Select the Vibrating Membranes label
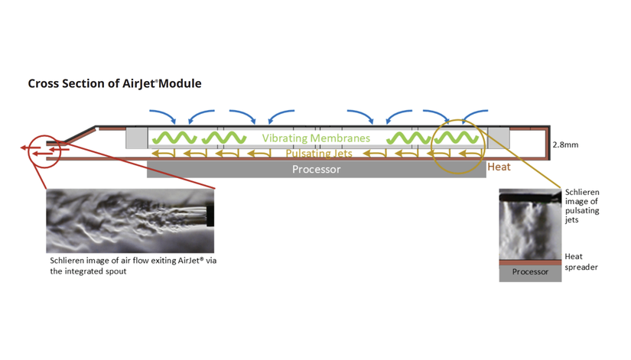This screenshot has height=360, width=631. [x=316, y=138]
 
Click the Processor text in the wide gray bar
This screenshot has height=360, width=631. [x=316, y=169]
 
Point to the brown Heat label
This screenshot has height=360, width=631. [x=499, y=165]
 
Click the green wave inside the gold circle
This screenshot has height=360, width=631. [x=457, y=138]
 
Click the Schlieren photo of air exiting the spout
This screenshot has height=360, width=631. [x=130, y=219]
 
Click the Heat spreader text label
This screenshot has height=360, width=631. [x=581, y=261]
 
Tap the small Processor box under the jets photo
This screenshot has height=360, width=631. [x=530, y=272]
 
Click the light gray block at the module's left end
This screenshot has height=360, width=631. [x=136, y=138]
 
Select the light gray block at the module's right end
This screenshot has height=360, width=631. [x=499, y=138]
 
